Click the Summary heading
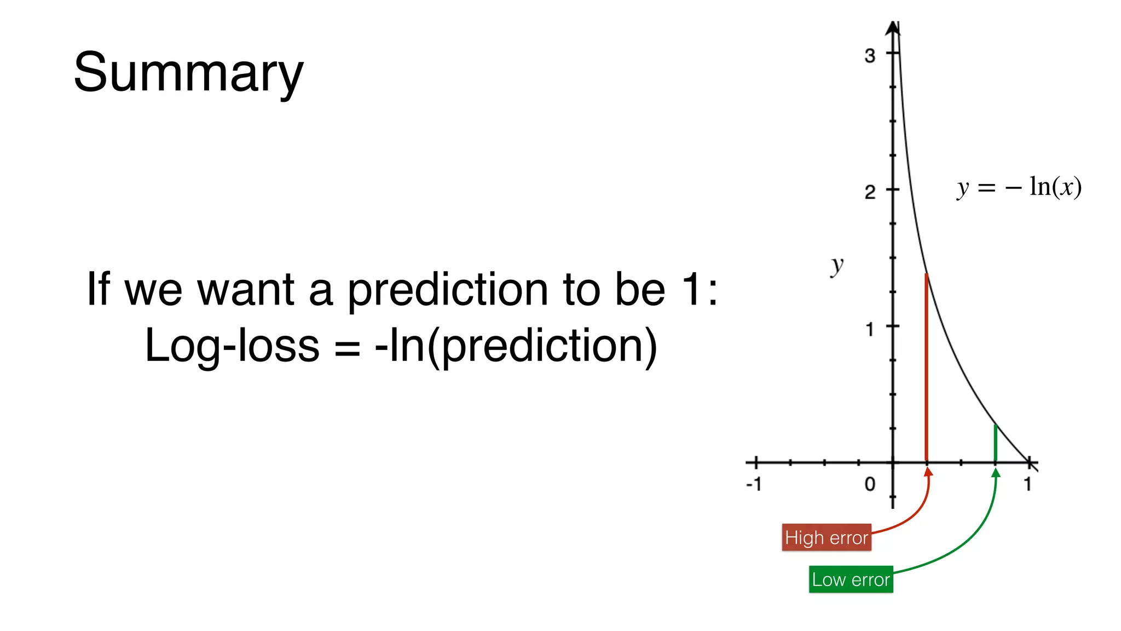pyautogui.click(x=188, y=72)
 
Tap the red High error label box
pyautogui.click(x=826, y=537)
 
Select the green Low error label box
pyautogui.click(x=851, y=580)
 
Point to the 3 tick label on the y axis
pyautogui.click(x=870, y=55)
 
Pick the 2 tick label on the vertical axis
pyautogui.click(x=870, y=192)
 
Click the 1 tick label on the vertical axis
pyautogui.click(x=870, y=330)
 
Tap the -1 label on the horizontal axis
pyautogui.click(x=754, y=484)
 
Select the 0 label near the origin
pyautogui.click(x=870, y=484)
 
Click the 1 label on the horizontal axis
pyautogui.click(x=1027, y=484)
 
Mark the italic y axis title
pyautogui.click(x=836, y=266)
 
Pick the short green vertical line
pyautogui.click(x=995, y=444)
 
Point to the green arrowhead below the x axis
pyautogui.click(x=996, y=473)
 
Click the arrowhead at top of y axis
pyautogui.click(x=893, y=27)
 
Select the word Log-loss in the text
pyautogui.click(x=232, y=346)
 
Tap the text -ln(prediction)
pyautogui.click(x=516, y=346)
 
